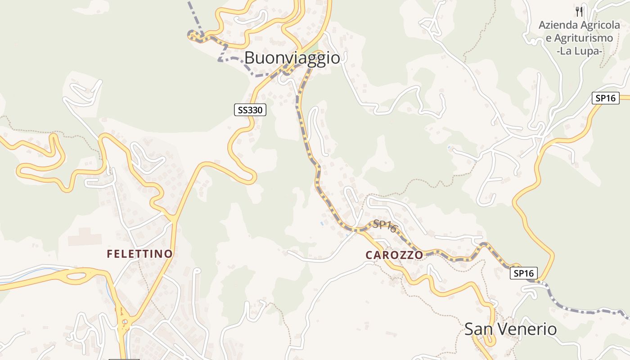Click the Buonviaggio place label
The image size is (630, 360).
292,58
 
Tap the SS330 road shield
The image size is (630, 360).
250,109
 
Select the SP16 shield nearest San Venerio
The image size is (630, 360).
524,273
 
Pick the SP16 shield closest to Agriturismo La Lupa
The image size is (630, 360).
605,98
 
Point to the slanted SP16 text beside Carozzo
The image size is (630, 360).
385,226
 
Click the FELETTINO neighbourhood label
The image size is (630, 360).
139,254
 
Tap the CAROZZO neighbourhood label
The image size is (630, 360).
394,255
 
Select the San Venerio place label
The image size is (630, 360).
510,329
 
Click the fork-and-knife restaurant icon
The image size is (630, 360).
579,11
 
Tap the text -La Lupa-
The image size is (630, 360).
579,51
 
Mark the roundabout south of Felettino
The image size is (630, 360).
125,322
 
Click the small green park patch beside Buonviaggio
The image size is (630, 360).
313,49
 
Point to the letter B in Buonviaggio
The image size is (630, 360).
250,58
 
